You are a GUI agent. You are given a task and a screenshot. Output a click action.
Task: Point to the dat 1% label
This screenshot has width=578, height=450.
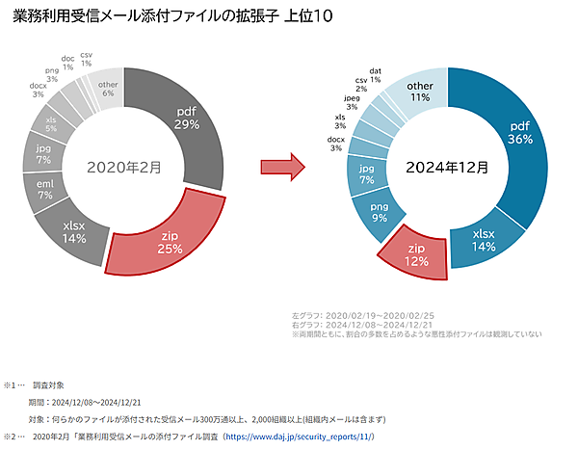[374, 75]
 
